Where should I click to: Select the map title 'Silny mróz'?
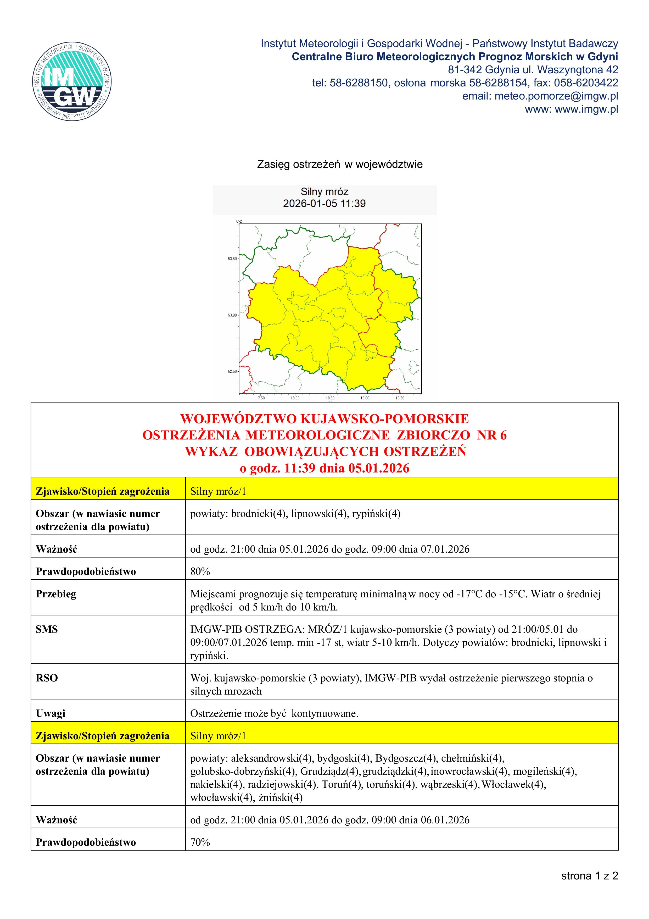click(x=324, y=192)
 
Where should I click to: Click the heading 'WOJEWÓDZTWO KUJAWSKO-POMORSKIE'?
click(x=324, y=419)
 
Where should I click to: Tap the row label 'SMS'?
click(x=47, y=629)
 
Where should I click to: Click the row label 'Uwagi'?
click(x=51, y=713)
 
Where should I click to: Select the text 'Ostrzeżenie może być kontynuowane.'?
click(x=274, y=713)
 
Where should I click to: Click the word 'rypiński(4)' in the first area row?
click(x=376, y=514)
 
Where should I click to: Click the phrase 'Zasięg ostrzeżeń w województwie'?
click(x=339, y=164)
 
